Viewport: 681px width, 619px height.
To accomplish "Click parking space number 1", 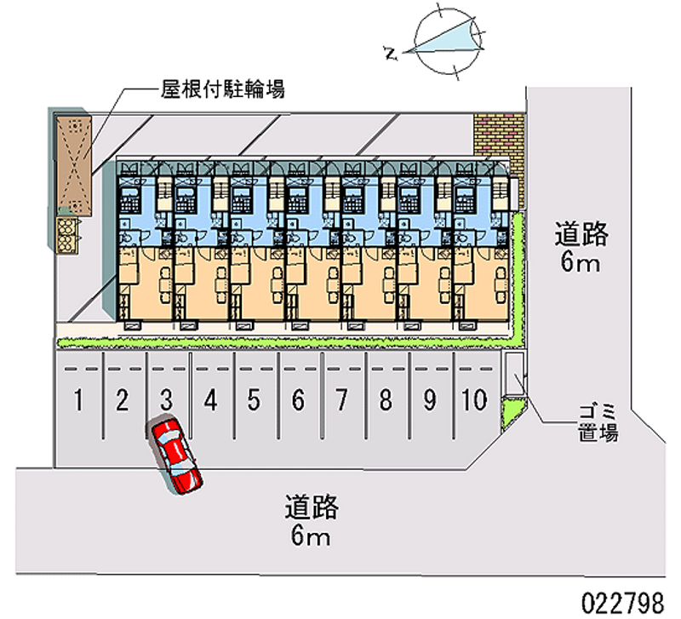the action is pyautogui.click(x=78, y=399).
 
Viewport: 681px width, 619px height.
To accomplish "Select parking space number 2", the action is pyautogui.click(x=123, y=399).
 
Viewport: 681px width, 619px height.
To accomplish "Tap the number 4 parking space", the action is pyautogui.click(x=210, y=399).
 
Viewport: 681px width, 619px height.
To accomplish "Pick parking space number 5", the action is pyautogui.click(x=254, y=399).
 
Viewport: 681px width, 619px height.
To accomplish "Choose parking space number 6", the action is pyautogui.click(x=298, y=399).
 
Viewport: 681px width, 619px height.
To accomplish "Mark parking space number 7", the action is pyautogui.click(x=341, y=399).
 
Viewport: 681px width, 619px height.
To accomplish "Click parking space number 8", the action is pyautogui.click(x=386, y=399).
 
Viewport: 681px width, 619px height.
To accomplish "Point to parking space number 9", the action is pyautogui.click(x=430, y=399).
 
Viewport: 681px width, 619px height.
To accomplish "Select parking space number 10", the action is pyautogui.click(x=475, y=399).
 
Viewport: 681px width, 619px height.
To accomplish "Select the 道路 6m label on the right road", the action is pyautogui.click(x=581, y=246).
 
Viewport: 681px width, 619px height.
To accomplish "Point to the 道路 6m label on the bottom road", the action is pyautogui.click(x=312, y=521).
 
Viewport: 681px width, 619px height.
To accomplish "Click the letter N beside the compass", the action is pyautogui.click(x=391, y=54).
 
